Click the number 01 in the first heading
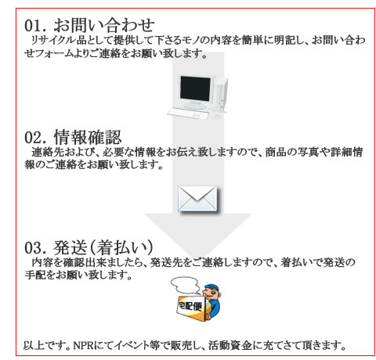pos(33,26)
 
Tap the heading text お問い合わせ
pos(104,25)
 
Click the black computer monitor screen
pos(195,88)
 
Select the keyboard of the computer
pos(188,113)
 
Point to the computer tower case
pos(222,95)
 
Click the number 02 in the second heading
pos(33,138)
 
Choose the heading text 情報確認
pos(88,137)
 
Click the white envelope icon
pos(197,198)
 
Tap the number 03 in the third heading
pos(33,247)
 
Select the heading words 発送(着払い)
pos(103,247)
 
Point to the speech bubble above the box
pos(185,285)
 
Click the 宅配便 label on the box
pos(190,305)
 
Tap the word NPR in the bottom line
pos(83,345)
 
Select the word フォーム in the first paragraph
pos(49,53)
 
